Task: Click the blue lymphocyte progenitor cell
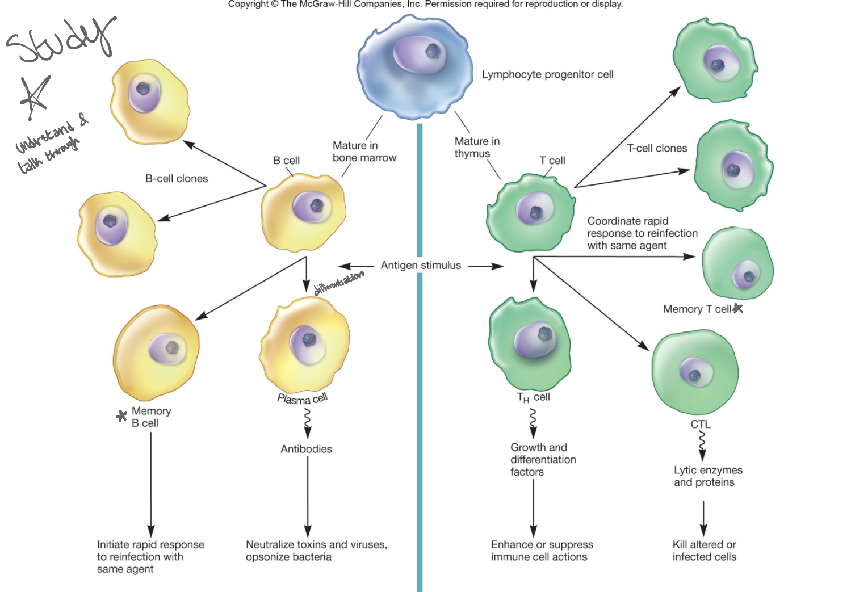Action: pyautogui.click(x=414, y=68)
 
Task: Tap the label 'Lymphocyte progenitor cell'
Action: pyautogui.click(x=547, y=74)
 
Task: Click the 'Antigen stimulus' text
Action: pyautogui.click(x=421, y=265)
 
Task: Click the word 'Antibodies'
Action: pyautogui.click(x=306, y=449)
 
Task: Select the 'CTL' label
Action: pyautogui.click(x=700, y=424)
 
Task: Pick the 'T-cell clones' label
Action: pyautogui.click(x=657, y=148)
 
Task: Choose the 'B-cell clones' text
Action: pyautogui.click(x=177, y=179)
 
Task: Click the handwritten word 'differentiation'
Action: pyautogui.click(x=339, y=283)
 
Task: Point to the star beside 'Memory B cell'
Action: pyautogui.click(x=121, y=416)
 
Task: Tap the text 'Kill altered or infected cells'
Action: pyautogui.click(x=704, y=551)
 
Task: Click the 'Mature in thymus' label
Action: pyautogui.click(x=477, y=147)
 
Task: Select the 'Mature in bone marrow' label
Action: pyautogui.click(x=364, y=152)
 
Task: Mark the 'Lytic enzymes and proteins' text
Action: pyautogui.click(x=708, y=476)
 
